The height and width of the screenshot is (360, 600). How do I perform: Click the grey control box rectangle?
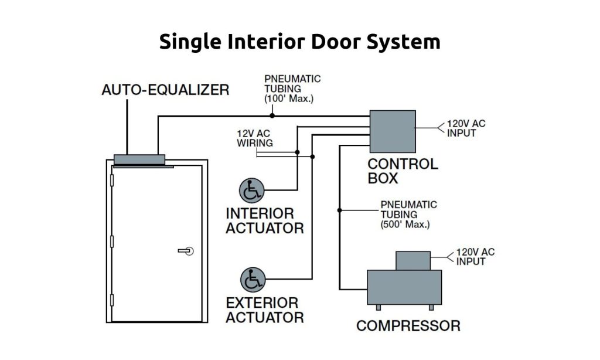point(392,133)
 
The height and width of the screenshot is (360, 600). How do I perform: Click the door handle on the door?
point(186,251)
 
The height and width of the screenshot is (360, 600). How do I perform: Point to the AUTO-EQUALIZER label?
point(165,90)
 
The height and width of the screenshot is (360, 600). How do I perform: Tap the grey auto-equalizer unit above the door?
point(139,159)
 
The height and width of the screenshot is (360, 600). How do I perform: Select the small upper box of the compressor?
point(413,260)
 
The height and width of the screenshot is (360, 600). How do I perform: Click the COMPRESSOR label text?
point(408,326)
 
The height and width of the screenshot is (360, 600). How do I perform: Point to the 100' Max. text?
point(289,99)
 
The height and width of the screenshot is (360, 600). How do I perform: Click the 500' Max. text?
point(405,225)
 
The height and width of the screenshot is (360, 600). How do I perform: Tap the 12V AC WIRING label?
point(255,138)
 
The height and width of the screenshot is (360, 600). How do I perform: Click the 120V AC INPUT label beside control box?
point(466,128)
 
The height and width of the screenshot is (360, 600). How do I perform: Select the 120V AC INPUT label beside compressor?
point(475,257)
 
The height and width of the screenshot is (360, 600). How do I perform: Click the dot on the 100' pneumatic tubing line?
point(272,116)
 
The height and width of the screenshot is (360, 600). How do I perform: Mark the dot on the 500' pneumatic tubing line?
point(339,209)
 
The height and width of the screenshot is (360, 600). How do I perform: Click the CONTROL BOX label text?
point(403,171)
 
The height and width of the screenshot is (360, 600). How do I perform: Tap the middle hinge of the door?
point(111,242)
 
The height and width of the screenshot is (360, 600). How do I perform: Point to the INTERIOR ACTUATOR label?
point(265,220)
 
